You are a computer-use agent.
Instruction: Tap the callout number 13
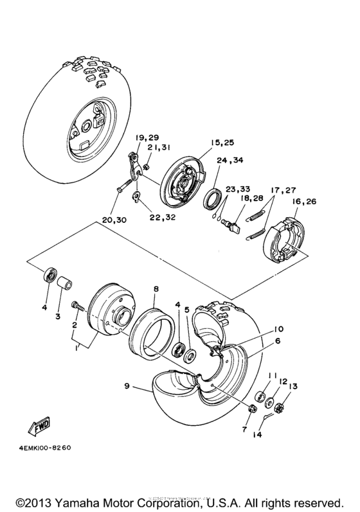click(293, 386)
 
